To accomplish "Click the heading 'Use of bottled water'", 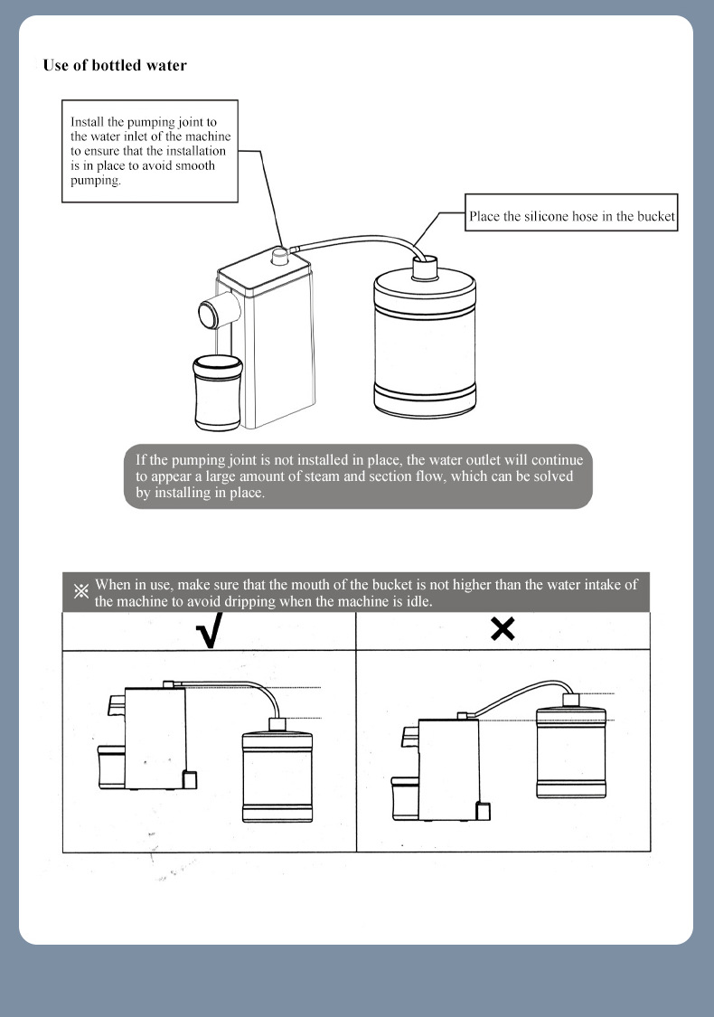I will pyautogui.click(x=115, y=65).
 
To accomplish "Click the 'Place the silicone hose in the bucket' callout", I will pyautogui.click(x=571, y=217).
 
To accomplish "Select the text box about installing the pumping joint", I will pyautogui.click(x=147, y=150).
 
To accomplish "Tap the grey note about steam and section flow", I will pyautogui.click(x=358, y=476).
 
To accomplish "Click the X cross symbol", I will pyautogui.click(x=503, y=629).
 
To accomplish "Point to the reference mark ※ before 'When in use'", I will pyautogui.click(x=80, y=592).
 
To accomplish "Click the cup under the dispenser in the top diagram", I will pyautogui.click(x=218, y=394).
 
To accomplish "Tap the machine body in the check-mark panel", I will pyautogui.click(x=155, y=737).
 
